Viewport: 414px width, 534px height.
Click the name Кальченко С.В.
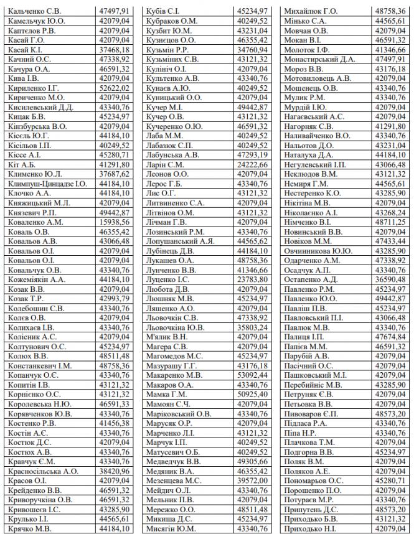point(34,11)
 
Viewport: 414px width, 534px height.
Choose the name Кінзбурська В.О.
point(37,126)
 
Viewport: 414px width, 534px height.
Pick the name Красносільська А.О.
point(44,471)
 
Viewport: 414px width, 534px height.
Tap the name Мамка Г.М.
point(166,395)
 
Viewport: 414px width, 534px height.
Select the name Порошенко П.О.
point(316,490)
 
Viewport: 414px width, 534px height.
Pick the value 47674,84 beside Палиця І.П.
point(391,337)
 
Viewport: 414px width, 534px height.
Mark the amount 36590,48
point(391,279)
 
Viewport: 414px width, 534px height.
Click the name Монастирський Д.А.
point(321,59)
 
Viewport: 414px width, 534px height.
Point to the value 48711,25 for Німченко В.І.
point(391,222)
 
